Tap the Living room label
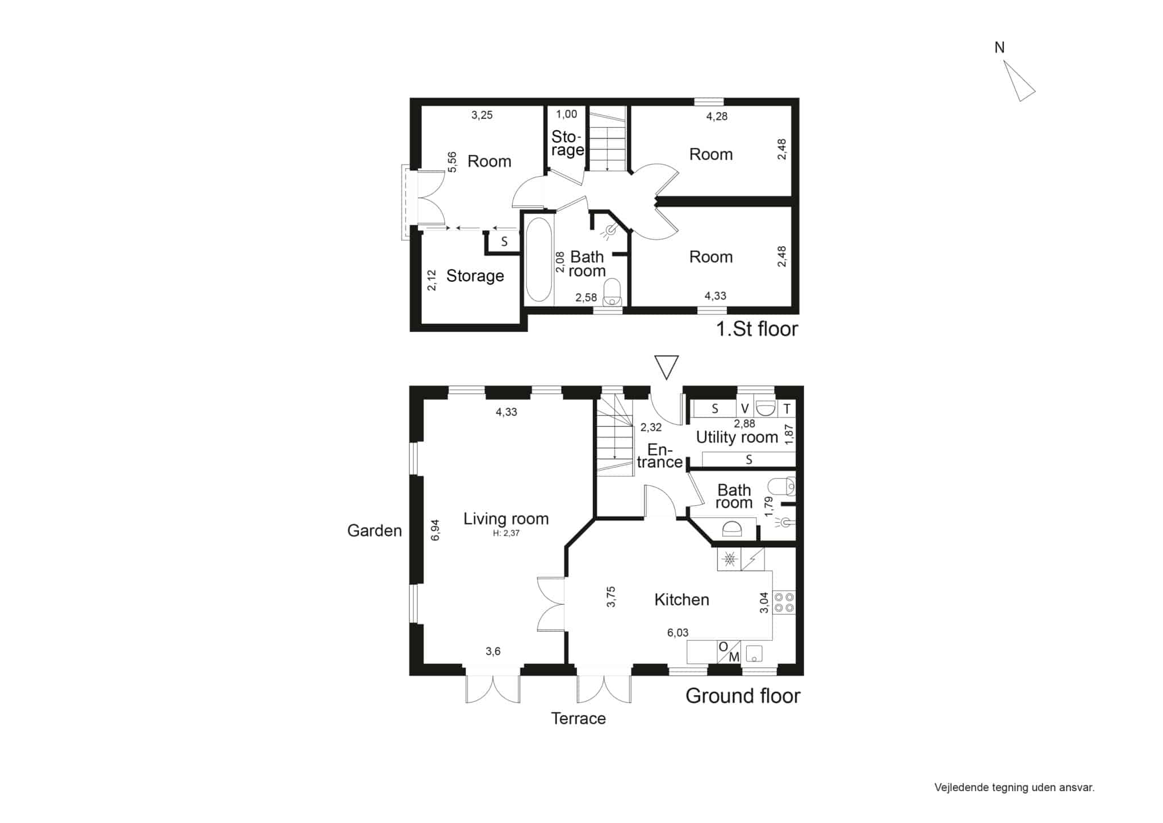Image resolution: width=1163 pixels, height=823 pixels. pyautogui.click(x=506, y=518)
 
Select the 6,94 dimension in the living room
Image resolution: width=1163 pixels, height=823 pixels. pyautogui.click(x=436, y=530)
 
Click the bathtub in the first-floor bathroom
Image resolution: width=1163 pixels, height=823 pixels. pyautogui.click(x=538, y=260)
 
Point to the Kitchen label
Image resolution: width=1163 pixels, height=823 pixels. pyautogui.click(x=681, y=600)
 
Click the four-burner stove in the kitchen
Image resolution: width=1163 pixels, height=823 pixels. pyautogui.click(x=784, y=602)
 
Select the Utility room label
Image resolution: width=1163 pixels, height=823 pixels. pyautogui.click(x=737, y=437)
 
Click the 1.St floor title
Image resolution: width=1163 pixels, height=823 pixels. pyautogui.click(x=757, y=329)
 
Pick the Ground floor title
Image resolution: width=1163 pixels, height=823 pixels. pyautogui.click(x=743, y=696)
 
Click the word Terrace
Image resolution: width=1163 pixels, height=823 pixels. pyautogui.click(x=578, y=718)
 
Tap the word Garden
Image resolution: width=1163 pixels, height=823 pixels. pyautogui.click(x=374, y=530)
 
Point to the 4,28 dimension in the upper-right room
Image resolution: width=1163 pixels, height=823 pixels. pyautogui.click(x=717, y=116)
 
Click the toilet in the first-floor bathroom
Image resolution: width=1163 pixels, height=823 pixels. pyautogui.click(x=612, y=292)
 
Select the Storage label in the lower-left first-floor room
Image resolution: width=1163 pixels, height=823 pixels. pyautogui.click(x=475, y=276)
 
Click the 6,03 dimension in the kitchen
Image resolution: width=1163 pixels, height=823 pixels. pyautogui.click(x=677, y=633)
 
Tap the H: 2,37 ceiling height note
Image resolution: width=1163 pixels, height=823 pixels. pyautogui.click(x=506, y=533)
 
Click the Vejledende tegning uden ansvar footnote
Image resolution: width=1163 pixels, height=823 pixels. pyautogui.click(x=1014, y=788)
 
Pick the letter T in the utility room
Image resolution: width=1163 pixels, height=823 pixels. pyautogui.click(x=787, y=409)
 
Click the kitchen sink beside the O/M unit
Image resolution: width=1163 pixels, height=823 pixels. pyautogui.click(x=754, y=654)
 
